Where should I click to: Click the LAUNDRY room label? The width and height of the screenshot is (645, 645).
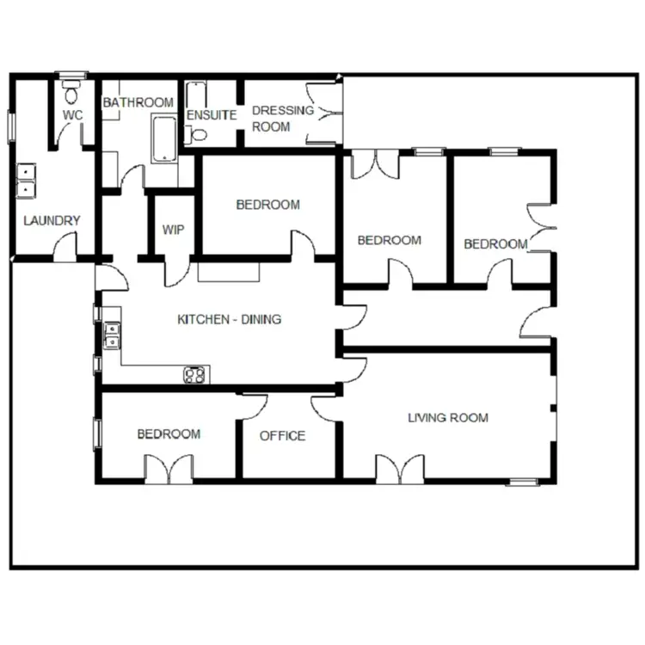click(x=52, y=220)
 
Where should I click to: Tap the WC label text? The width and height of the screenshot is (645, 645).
click(x=72, y=115)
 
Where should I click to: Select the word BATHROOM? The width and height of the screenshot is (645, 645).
click(x=138, y=102)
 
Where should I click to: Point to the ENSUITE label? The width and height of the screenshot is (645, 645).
click(x=211, y=114)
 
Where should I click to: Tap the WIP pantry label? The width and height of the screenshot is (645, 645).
click(x=173, y=230)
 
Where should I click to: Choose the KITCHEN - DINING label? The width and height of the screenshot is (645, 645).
click(x=229, y=319)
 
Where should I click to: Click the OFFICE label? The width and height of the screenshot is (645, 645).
click(x=282, y=436)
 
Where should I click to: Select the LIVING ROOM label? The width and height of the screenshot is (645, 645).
click(x=447, y=418)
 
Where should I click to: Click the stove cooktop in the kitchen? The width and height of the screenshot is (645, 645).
click(x=195, y=374)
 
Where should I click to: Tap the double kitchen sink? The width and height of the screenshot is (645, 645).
click(x=111, y=335)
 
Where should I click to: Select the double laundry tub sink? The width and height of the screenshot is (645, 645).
click(x=28, y=179)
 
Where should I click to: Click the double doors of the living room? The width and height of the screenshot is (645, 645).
click(x=400, y=469)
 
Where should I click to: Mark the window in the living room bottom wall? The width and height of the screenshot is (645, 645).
click(x=522, y=481)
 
